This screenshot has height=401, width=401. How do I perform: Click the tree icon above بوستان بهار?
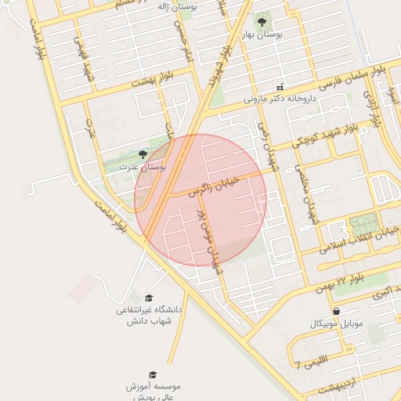pyautogui.click(x=262, y=21)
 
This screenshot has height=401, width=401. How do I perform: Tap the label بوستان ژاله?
pyautogui.click(x=176, y=5)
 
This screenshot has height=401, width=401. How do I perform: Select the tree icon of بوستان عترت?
pyautogui.click(x=142, y=154)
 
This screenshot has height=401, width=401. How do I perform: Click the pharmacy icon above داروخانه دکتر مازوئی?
pyautogui.click(x=280, y=87)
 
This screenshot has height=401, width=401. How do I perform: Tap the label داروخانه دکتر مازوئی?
pyautogui.click(x=280, y=99)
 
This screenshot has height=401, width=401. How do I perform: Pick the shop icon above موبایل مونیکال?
pyautogui.click(x=336, y=311)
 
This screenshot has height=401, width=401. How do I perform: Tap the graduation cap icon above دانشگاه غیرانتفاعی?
pyautogui.click(x=149, y=298)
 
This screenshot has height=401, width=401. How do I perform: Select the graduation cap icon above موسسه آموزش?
pyautogui.click(x=153, y=374)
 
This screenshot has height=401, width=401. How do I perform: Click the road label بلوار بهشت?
pyautogui.click(x=151, y=79)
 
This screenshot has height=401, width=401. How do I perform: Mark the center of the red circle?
pyautogui.click(x=200, y=200)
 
